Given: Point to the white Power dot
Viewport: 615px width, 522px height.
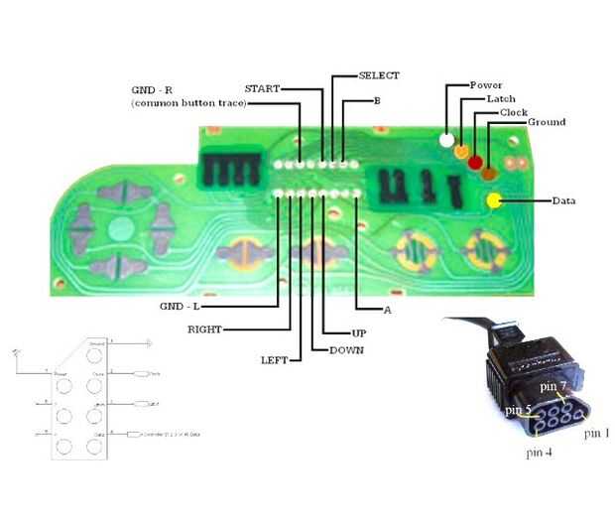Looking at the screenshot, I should point(447,141).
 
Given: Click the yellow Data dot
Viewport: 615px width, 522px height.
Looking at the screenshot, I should point(494,200).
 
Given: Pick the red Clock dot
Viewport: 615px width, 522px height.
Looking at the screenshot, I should point(475,162).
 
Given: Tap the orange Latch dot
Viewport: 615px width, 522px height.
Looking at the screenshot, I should point(461,152).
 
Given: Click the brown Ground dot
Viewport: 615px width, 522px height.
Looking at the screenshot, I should point(489,174).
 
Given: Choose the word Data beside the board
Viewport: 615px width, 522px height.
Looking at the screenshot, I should point(563,200).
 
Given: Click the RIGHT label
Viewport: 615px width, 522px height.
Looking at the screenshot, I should point(205,328).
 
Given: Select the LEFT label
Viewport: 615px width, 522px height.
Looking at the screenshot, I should point(275,360).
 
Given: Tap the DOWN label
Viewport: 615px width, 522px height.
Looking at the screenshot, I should point(346,350).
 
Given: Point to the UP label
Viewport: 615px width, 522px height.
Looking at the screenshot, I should point(359,333).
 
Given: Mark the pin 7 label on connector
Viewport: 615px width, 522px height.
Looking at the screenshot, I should point(553,384).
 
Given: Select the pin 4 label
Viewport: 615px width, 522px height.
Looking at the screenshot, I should point(541,454).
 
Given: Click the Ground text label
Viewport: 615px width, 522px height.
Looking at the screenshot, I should point(546,122).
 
